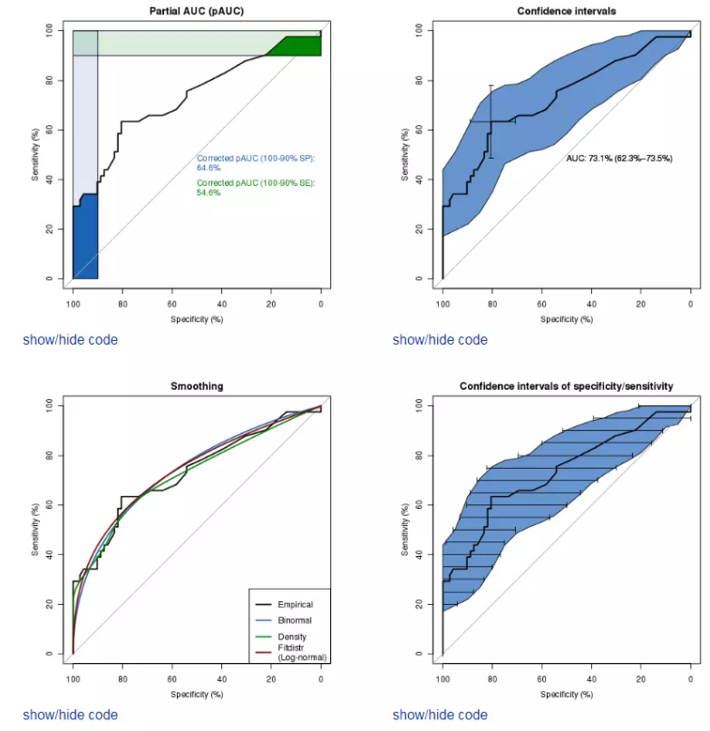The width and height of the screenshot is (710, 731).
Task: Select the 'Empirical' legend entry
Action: (x=296, y=604)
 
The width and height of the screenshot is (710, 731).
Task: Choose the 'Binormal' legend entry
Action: (x=294, y=620)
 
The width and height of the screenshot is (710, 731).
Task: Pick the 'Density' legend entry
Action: (x=292, y=638)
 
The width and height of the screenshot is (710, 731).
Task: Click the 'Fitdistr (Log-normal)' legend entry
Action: (x=301, y=652)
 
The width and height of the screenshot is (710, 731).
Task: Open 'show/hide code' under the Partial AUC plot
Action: (x=70, y=340)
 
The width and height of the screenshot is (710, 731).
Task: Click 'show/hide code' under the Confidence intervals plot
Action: (x=440, y=340)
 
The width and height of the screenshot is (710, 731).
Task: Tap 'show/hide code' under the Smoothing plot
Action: (x=70, y=715)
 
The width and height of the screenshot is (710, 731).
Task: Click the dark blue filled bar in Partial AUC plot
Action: (x=85, y=240)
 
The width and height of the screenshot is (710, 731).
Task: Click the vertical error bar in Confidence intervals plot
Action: (x=491, y=122)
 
